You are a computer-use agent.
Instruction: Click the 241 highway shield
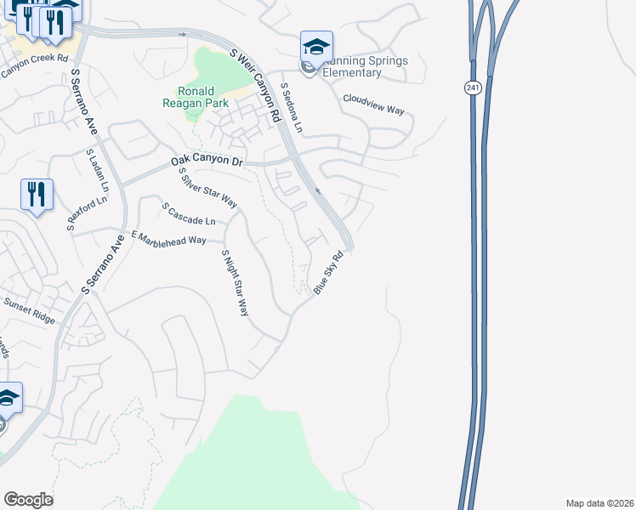click(473, 88)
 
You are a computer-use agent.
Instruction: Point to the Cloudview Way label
click(373, 105)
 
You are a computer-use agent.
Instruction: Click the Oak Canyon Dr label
click(207, 160)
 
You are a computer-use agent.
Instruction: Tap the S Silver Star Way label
click(207, 188)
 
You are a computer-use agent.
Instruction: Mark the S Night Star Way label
click(235, 283)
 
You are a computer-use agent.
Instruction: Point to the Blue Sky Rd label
click(328, 272)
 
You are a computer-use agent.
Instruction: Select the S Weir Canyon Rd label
click(256, 85)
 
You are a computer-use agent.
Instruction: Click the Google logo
click(28, 500)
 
